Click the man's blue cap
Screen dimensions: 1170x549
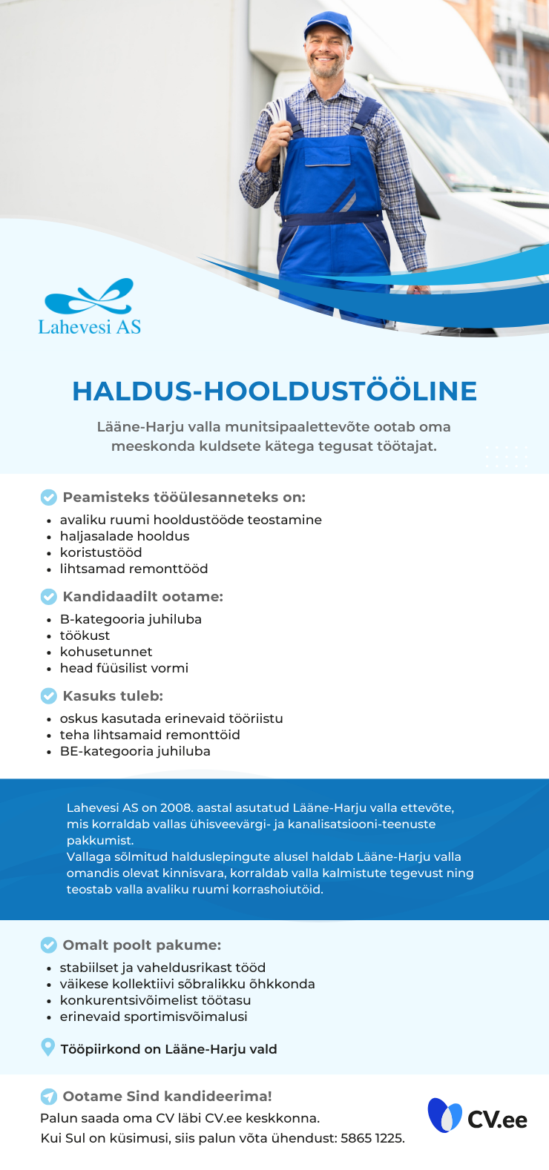tap(327, 25)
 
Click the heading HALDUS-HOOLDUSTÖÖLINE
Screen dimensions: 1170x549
tap(274, 391)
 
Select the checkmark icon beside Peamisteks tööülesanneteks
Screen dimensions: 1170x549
tap(48, 498)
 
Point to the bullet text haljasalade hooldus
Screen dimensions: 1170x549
tap(125, 536)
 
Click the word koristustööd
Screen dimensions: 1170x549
tap(101, 552)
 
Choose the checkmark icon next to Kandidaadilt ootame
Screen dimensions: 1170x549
tap(48, 597)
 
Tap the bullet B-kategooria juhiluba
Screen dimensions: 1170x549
tap(131, 619)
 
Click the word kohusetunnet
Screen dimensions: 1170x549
tap(106, 652)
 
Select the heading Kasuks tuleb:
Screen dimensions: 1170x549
tap(113, 696)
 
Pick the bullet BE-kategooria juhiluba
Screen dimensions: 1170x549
tap(135, 751)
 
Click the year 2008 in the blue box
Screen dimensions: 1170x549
tap(177, 807)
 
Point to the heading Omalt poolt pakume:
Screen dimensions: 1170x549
tap(142, 945)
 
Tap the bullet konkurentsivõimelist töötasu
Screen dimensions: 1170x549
tap(155, 1000)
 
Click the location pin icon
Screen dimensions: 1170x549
tap(47, 1048)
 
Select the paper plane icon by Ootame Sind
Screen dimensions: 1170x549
tap(48, 1097)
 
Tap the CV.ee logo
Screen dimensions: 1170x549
tap(478, 1116)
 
